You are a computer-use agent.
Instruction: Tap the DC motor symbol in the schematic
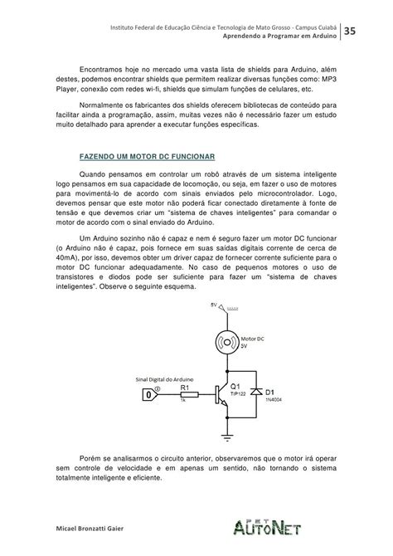coord(226,339)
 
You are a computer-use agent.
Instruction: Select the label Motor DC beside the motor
coord(254,337)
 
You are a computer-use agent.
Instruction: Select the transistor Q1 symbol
coord(221,395)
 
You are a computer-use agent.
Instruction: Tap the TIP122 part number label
coord(239,395)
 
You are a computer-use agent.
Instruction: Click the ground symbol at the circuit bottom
coord(226,432)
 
